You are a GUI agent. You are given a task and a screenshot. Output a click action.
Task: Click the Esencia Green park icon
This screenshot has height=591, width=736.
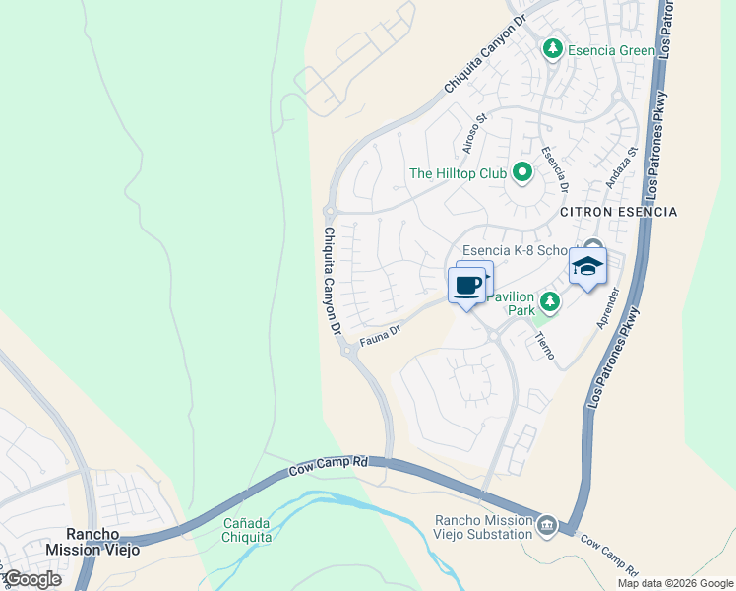(553, 48)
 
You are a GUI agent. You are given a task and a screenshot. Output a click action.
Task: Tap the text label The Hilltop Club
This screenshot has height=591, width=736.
(458, 174)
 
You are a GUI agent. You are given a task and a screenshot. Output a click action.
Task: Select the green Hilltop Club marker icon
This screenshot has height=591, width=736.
(522, 174)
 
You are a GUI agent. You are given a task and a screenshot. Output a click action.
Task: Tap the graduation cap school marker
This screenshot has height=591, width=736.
(587, 267)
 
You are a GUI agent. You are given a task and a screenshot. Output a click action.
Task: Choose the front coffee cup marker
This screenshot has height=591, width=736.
(467, 287)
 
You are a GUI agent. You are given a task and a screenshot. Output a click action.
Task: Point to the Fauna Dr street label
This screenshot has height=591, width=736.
(381, 334)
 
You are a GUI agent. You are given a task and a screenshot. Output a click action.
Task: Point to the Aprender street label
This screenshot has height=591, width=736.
(606, 307)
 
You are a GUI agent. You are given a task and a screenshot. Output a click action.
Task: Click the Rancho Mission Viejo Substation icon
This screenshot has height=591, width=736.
(546, 527)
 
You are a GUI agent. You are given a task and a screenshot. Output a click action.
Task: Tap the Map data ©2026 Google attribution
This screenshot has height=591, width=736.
(674, 583)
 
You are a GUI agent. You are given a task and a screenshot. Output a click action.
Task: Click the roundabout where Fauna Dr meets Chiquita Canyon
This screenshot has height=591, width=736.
(348, 351)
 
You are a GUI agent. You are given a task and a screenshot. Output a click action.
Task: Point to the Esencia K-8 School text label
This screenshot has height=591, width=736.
(519, 250)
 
